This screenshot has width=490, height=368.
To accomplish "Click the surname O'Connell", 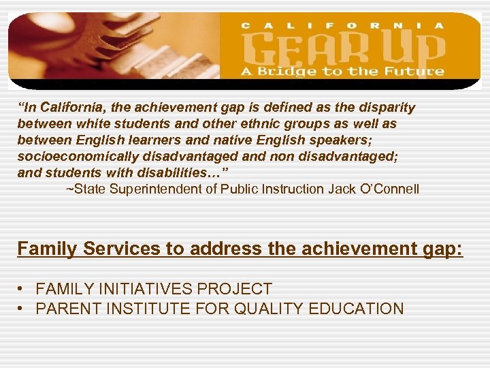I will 389,189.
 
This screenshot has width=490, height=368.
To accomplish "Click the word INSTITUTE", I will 150,309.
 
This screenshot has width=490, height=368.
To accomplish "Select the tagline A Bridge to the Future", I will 341,72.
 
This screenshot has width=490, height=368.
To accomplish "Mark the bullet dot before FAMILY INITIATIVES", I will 22,289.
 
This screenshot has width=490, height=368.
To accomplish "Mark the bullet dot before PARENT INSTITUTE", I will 22,309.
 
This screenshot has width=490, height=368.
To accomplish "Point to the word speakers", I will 352,140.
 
